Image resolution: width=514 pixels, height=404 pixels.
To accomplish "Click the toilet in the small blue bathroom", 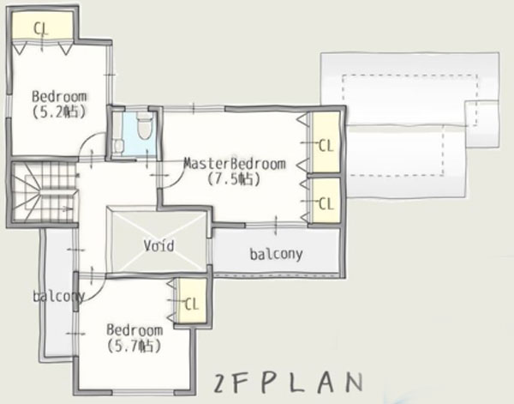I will point(144,129).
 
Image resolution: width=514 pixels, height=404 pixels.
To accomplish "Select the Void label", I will point(158,246).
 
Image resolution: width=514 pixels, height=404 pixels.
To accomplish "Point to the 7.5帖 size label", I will point(234,179).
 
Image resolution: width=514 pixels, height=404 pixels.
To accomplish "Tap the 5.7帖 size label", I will point(135,347).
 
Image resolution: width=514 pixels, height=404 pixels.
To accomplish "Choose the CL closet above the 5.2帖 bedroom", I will point(40,27).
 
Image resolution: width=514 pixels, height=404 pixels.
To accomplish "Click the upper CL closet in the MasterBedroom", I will point(325,145).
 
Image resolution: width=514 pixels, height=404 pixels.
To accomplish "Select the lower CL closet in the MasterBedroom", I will point(325,203).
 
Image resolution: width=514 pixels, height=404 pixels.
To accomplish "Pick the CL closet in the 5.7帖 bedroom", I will point(191,303).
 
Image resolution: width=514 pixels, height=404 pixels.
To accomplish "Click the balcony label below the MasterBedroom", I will point(277,254).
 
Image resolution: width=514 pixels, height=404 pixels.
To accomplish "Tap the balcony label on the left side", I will point(58,297).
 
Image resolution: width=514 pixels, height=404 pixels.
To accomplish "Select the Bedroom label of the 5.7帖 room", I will point(134,330).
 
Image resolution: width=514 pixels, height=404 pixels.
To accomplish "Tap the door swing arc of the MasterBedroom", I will point(170,185).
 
